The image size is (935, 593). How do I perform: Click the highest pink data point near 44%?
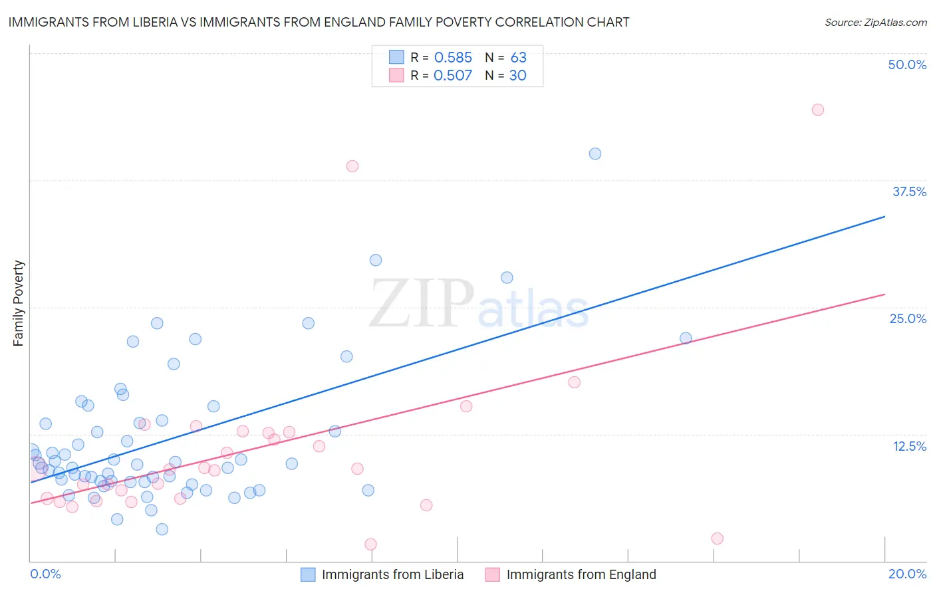coord(818,110)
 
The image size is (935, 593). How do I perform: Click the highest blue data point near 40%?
coord(595,154)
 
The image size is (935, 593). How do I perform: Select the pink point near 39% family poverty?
coord(352,166)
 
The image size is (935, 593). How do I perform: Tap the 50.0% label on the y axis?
coord(907,64)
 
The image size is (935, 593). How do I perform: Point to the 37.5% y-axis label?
coord(909,191)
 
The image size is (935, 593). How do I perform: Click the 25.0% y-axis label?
coord(908,318)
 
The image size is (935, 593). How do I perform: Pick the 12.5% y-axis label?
coord(909,446)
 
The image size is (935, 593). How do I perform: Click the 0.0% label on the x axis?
coord(45,574)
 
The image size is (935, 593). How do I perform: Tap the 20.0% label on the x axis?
coord(907,574)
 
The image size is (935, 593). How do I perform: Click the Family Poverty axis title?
coord(19,303)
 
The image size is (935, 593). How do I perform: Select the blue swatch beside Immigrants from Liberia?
coord(308,574)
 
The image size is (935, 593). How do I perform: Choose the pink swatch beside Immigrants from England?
coord(492,574)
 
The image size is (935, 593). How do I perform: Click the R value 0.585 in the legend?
coord(453,58)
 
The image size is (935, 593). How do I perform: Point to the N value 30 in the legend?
coord(517,76)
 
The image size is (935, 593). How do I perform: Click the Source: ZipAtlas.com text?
coord(875,23)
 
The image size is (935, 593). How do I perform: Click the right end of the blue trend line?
coord(884,217)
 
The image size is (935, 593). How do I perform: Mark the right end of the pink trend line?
coord(884,294)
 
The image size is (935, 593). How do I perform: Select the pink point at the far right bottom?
coord(717,538)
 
